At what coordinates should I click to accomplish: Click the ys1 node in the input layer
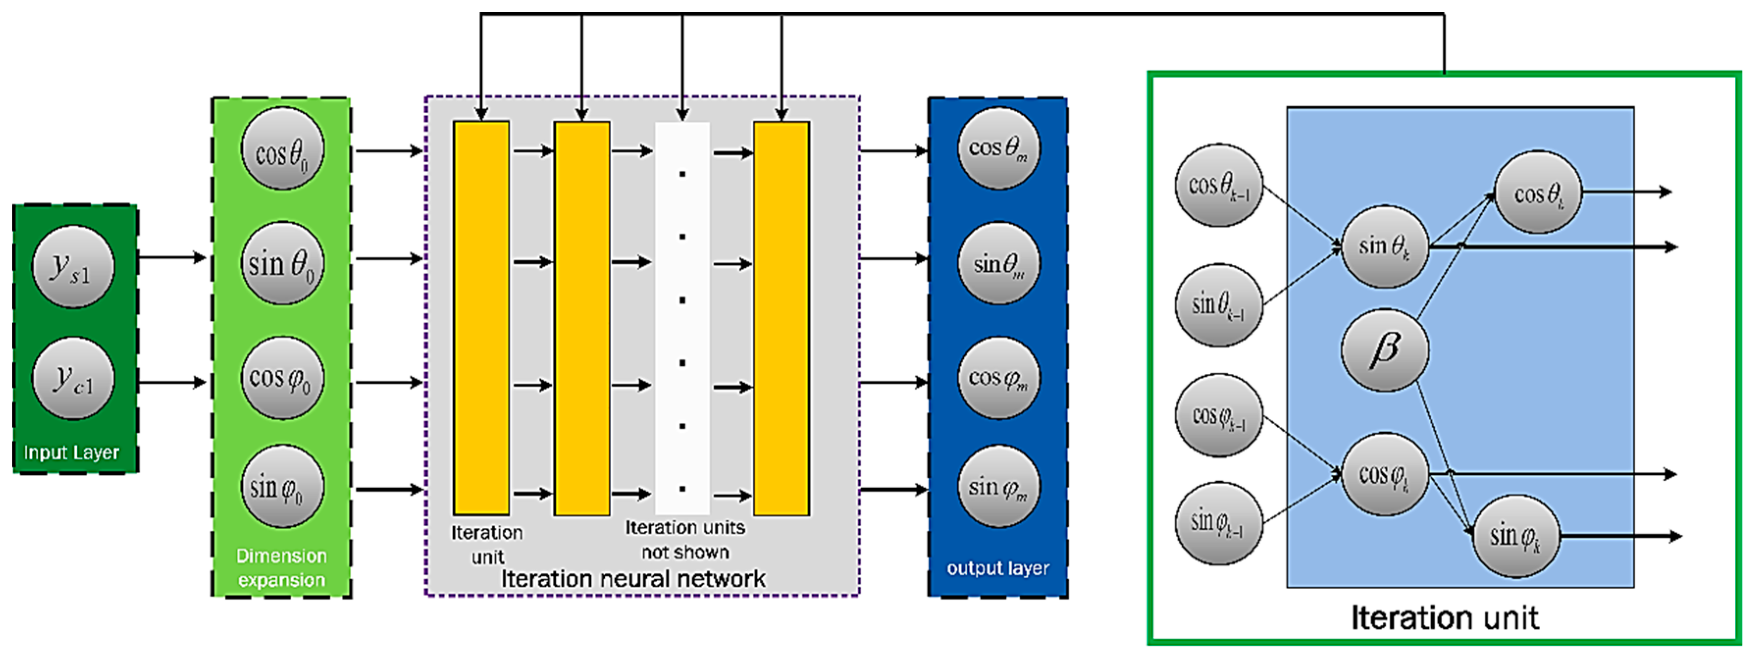73,267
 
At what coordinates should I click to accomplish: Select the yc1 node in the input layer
73,378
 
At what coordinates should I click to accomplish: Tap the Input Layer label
72,453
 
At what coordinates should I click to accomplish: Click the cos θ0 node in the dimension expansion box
282,150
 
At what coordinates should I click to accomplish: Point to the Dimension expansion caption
281,567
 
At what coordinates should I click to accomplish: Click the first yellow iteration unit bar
481,318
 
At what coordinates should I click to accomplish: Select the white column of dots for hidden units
682,318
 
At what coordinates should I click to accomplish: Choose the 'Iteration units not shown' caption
685,539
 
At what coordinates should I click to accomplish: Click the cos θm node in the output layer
998,148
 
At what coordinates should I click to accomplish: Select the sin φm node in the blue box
998,486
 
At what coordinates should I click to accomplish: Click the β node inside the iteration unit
1384,350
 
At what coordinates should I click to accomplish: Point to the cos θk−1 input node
1219,185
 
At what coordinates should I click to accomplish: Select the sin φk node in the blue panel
1516,536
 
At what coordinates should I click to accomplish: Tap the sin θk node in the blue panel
1384,246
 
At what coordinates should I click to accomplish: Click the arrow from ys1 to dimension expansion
172,257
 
